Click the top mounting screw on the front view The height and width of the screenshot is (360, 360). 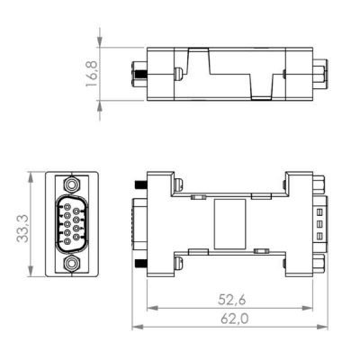(69, 182)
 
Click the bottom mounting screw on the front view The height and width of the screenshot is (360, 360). (69, 265)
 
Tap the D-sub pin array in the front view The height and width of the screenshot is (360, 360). (68, 223)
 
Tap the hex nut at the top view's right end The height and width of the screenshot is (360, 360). (319, 71)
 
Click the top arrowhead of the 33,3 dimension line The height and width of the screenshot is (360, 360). (34, 174)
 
